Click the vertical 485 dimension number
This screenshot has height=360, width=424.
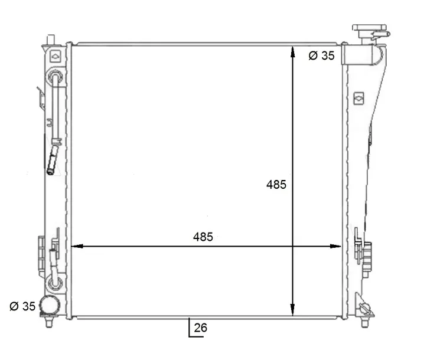pos(276,185)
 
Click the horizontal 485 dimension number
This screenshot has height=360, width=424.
pos(203,237)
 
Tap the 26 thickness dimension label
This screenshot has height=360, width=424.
pos(200,328)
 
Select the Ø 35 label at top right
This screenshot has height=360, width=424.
pos(321,55)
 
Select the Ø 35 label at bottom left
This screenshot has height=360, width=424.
pos(22,306)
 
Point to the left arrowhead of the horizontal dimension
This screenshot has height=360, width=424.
pos(77,246)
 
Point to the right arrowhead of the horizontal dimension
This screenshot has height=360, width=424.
pos(335,246)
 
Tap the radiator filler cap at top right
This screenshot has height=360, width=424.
pos(370,31)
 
